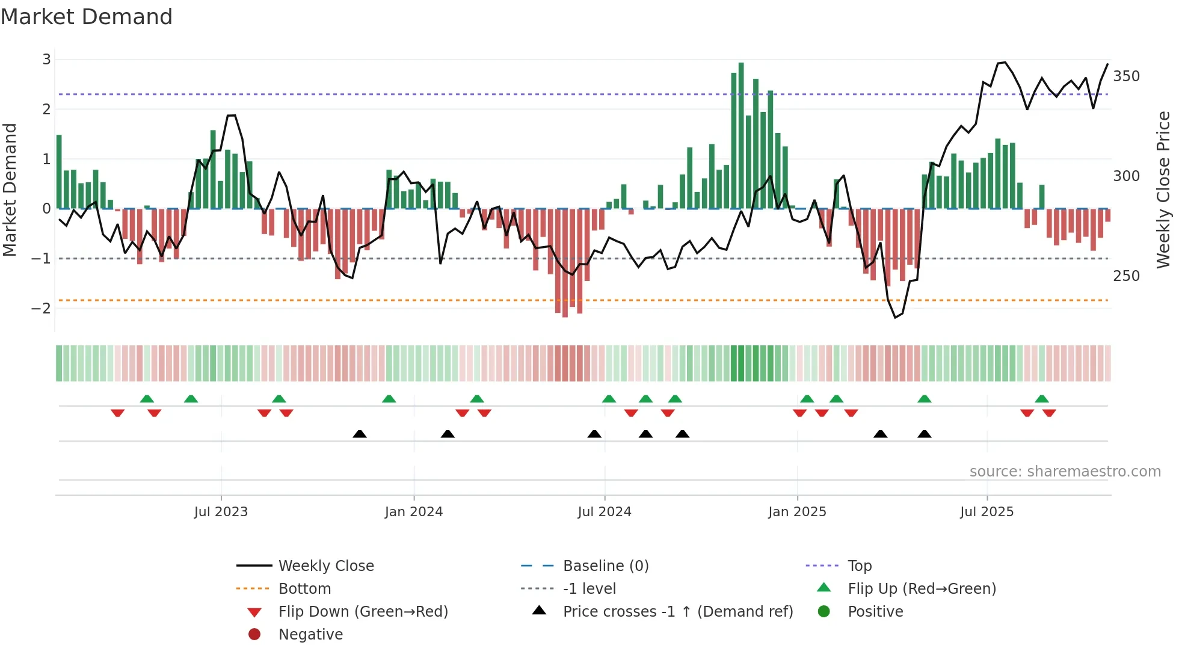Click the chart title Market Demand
87,17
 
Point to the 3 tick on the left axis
46,59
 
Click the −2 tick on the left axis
42,308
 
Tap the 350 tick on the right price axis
1126,76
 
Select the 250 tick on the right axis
1126,276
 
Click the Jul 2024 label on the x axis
605,512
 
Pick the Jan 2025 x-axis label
797,512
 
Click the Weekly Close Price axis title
1163,190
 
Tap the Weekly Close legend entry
325,566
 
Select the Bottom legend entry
304,589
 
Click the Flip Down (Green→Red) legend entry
363,612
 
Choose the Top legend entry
860,566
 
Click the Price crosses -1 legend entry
677,612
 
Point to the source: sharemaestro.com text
1065,472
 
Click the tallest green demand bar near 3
741,135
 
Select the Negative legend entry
310,635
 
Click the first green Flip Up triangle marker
147,399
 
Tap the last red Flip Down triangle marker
1049,413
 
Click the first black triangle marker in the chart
360,434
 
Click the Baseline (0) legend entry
605,566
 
